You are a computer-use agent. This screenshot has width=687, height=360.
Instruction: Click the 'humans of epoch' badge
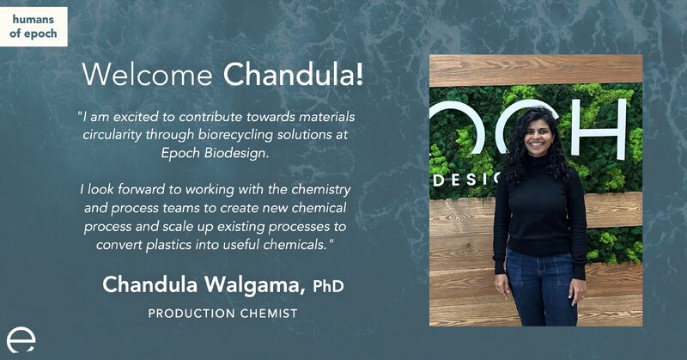pos(33,27)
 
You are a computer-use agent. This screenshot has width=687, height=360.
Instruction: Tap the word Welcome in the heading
pos(147,74)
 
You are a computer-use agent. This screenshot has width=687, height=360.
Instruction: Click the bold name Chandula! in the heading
pos(293,74)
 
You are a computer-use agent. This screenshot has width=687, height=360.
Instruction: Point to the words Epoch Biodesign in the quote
pos(215,153)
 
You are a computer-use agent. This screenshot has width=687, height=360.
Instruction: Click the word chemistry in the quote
pos(321,189)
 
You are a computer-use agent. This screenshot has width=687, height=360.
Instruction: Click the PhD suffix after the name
pos(328,286)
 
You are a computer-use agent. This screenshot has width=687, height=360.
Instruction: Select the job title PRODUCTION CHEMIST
pos(222,314)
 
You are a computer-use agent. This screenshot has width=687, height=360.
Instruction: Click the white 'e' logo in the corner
pos(21,341)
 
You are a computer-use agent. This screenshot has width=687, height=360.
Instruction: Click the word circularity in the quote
pos(112,134)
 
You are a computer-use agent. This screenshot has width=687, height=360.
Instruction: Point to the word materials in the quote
pos(326,117)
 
